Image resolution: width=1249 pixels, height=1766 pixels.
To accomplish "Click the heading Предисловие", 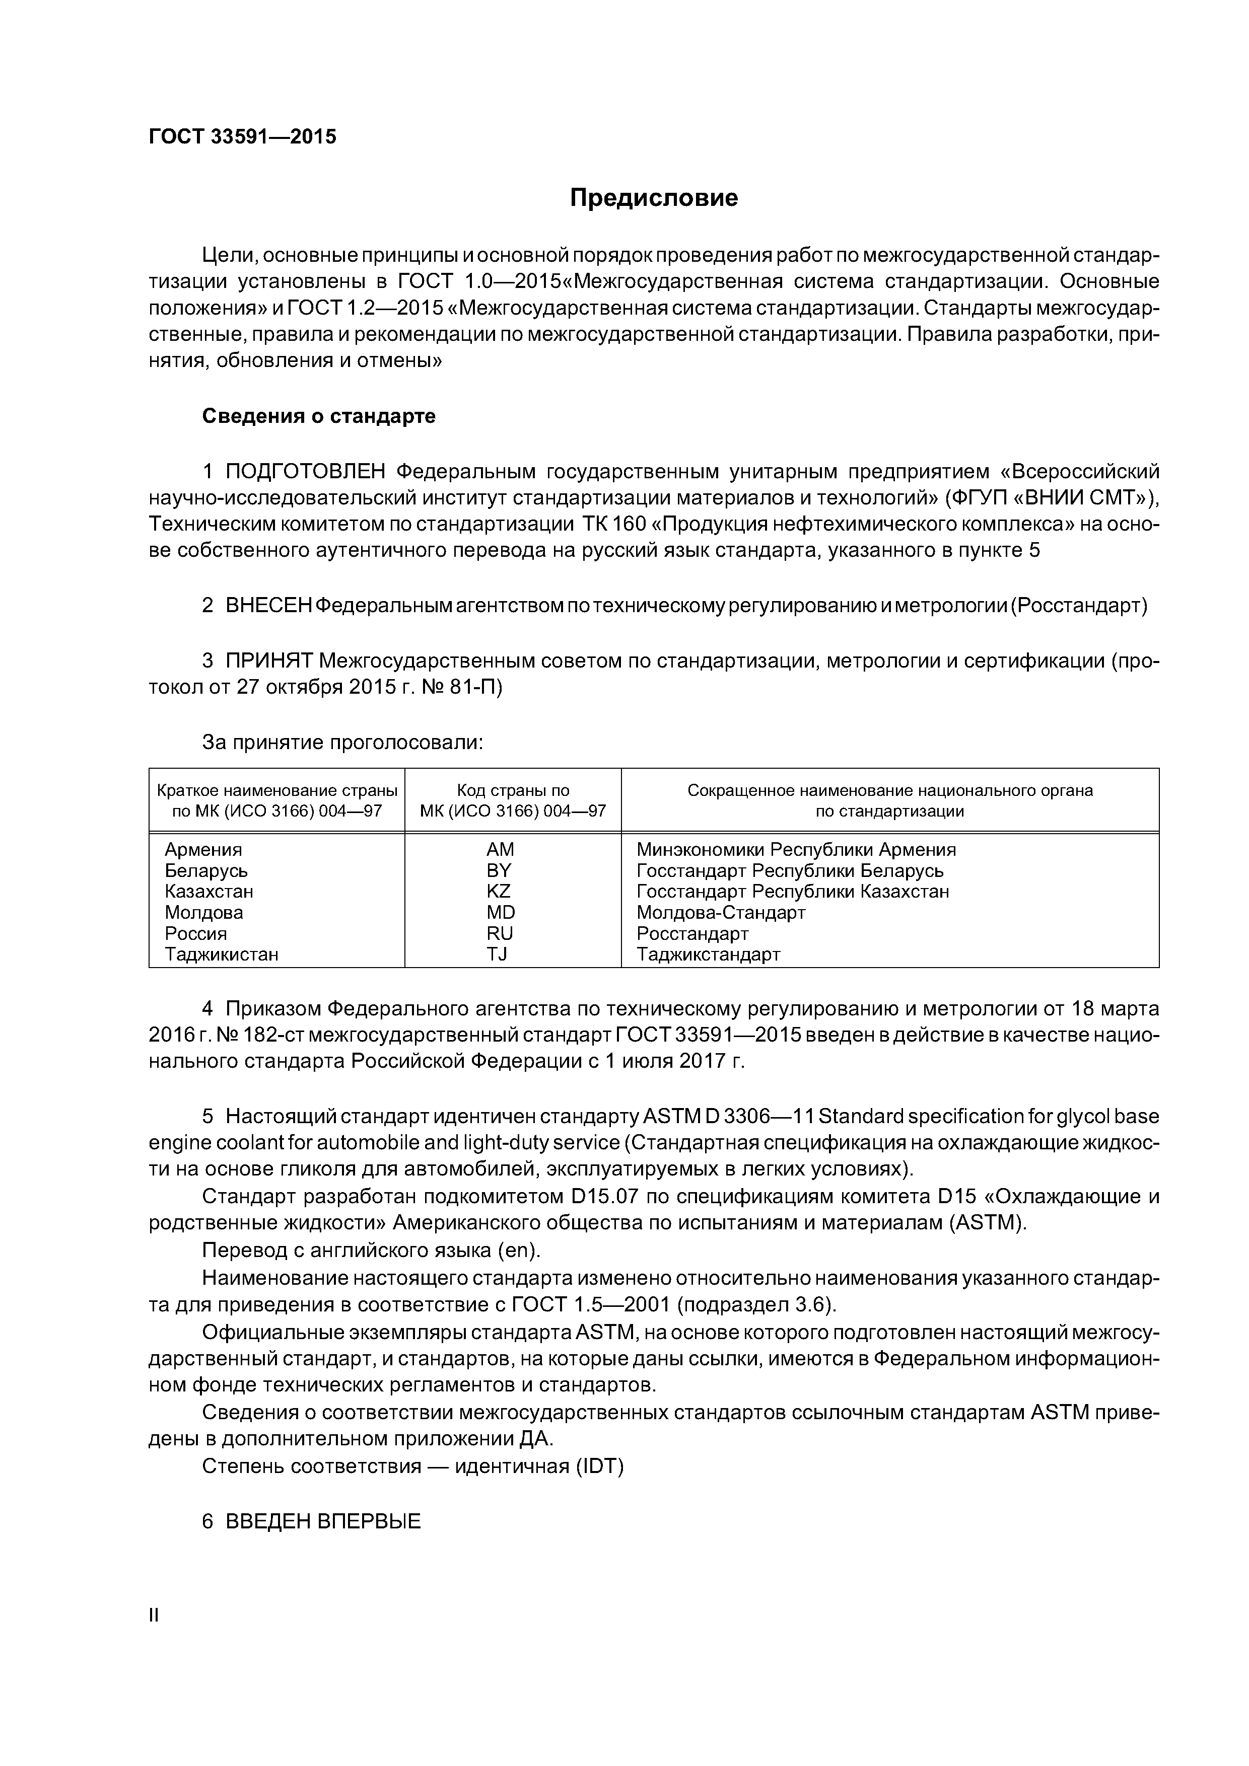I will pos(653,198).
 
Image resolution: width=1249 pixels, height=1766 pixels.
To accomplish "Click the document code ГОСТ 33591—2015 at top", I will pos(242,137).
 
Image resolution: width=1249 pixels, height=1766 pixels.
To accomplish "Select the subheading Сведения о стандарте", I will pos(319,416).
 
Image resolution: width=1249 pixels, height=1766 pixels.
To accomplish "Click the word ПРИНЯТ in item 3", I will pos(268,660).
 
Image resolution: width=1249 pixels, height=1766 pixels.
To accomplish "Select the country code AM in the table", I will pos(500,850).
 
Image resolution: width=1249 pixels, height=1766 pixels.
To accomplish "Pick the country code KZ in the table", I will pos(499,892).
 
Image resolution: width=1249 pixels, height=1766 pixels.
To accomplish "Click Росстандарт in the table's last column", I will pos(692,934).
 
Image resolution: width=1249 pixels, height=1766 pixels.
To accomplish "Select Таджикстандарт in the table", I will pos(709,954).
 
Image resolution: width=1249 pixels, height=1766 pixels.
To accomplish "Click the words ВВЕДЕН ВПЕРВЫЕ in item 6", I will pos(323,1521).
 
